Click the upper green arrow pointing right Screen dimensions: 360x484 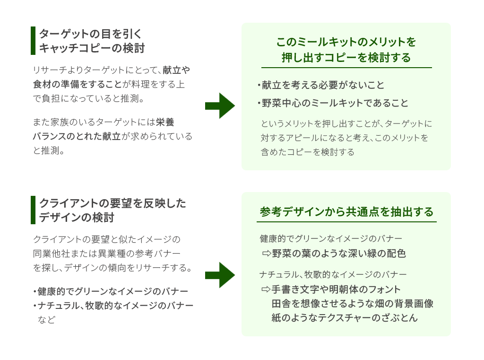tap(220, 105)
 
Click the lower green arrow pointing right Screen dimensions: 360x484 tap(220, 275)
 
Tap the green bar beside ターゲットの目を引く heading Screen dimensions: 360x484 tap(33, 41)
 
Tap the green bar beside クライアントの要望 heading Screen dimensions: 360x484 tap(33, 210)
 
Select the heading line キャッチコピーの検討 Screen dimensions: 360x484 tap(92, 48)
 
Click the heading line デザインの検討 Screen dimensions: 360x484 tap(77, 218)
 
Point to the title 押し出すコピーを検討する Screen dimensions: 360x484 tap(346, 58)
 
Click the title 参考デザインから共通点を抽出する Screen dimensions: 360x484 tap(346, 211)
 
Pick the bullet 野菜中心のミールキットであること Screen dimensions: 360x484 tap(335, 103)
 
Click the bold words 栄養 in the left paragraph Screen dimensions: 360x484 tap(165, 122)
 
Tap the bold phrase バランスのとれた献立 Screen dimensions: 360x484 tap(77, 136)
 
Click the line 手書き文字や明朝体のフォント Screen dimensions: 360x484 tap(336, 289)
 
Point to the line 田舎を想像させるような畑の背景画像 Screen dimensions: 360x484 tap(352, 303)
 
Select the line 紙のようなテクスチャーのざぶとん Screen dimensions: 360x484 tap(345, 318)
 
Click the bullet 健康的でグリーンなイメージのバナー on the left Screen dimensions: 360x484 tap(113, 291)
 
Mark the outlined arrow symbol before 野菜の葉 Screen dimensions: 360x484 tap(266, 254)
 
